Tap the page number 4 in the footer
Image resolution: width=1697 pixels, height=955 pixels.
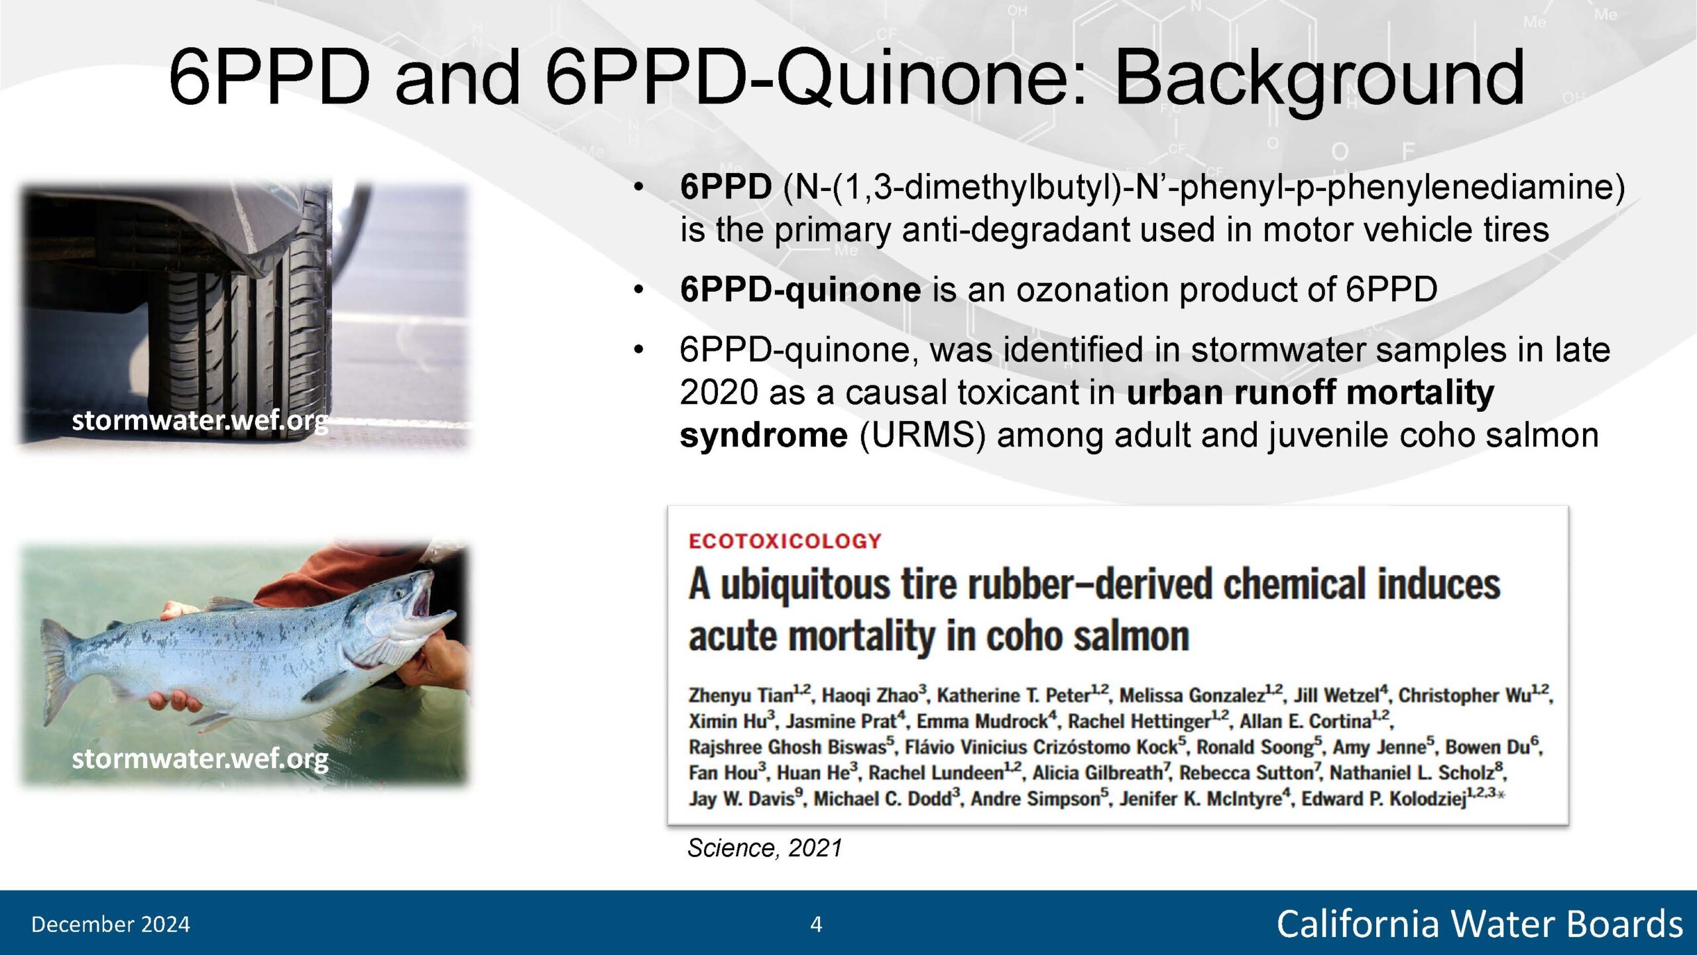[816, 924]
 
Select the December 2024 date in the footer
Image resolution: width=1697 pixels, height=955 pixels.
[110, 924]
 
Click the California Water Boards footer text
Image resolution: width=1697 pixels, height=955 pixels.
[1480, 924]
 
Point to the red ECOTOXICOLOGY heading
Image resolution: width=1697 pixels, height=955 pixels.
[785, 541]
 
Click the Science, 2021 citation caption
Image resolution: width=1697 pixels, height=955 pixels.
[764, 848]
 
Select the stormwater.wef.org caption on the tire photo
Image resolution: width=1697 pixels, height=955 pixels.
[200, 420]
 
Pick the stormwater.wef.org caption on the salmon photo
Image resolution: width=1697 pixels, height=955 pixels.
[200, 759]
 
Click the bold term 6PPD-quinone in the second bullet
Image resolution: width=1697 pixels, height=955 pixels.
[800, 290]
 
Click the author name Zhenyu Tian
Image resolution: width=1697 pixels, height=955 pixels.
[741, 695]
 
